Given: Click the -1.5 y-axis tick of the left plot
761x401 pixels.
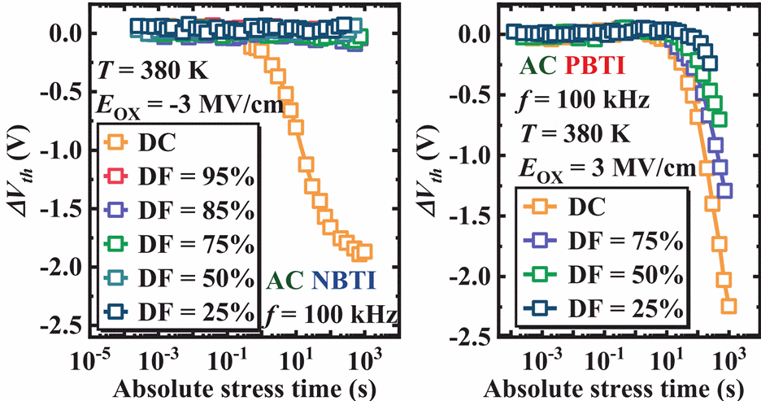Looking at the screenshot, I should [x=67, y=207].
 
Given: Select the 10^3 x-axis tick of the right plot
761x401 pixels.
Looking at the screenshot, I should [x=729, y=355].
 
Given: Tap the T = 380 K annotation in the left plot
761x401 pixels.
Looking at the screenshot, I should [x=155, y=70].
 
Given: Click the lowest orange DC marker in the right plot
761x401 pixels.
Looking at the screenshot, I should [x=728, y=306].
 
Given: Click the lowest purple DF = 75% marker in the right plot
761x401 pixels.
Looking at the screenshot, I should [x=724, y=191].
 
